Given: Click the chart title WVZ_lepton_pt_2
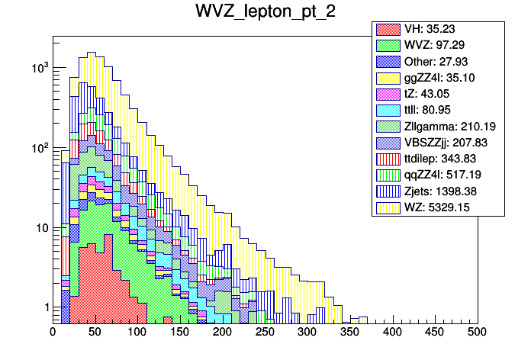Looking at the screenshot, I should tap(265, 13).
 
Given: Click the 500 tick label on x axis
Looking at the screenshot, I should tap(478, 333).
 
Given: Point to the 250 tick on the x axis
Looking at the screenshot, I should tap(265, 333).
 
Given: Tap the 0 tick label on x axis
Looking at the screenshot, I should tap(53, 333).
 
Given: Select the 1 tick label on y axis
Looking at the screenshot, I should tap(44, 307).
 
